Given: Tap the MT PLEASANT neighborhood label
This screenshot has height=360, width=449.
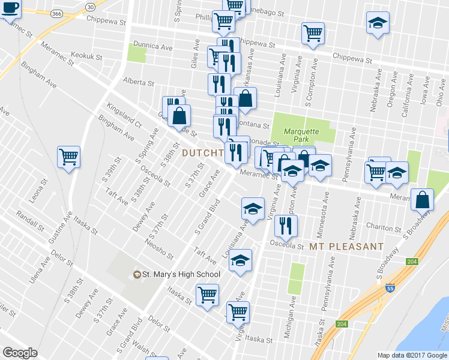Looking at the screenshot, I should point(347,247).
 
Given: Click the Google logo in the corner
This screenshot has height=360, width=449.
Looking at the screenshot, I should point(20,353).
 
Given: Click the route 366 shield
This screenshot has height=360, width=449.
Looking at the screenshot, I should point(56,13).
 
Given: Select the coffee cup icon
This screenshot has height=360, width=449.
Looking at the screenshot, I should point(10,8).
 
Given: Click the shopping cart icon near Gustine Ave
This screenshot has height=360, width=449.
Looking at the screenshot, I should point(69,157).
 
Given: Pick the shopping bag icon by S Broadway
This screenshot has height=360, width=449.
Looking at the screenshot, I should point(423,199).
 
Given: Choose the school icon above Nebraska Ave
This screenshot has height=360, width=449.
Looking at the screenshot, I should point(376,23).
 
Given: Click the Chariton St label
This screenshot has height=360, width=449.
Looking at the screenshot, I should point(384,229).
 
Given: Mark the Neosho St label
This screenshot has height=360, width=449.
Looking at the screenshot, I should point(159,246).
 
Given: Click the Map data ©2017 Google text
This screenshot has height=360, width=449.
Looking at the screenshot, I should point(412,355).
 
